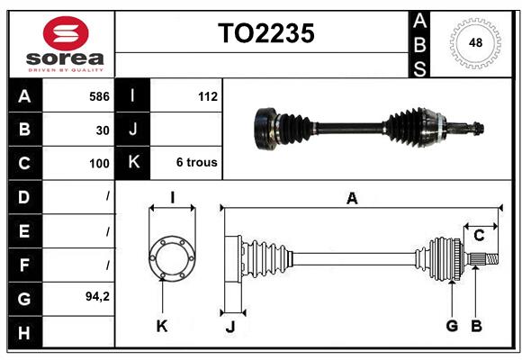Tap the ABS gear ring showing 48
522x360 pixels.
click(473, 43)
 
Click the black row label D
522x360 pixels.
click(24, 196)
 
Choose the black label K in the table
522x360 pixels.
click(133, 163)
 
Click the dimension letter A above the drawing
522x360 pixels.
click(352, 199)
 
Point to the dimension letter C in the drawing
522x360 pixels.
click(479, 236)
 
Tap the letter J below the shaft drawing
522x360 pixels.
click(229, 326)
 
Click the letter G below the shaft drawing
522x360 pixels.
click(452, 326)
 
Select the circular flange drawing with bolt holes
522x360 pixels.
click(171, 258)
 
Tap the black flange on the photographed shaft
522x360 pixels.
click(266, 128)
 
